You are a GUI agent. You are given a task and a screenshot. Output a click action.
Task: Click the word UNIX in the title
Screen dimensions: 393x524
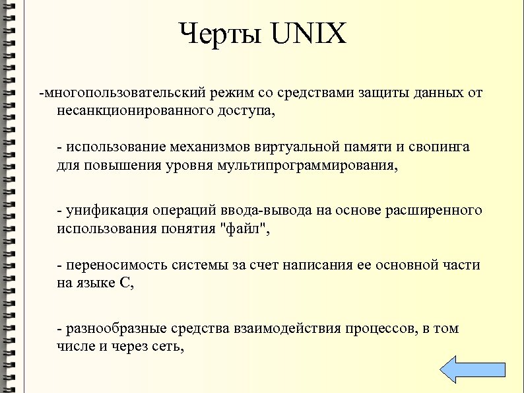pos(308,34)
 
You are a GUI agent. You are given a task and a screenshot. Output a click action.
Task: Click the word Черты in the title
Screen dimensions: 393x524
pos(220,34)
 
